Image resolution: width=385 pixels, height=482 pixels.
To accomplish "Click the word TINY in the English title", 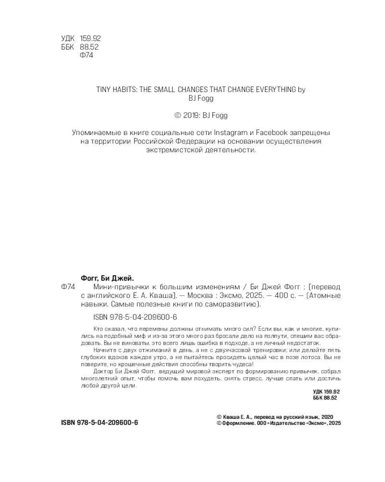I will point(92,89).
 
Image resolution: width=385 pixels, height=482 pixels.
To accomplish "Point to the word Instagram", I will point(231,132).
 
